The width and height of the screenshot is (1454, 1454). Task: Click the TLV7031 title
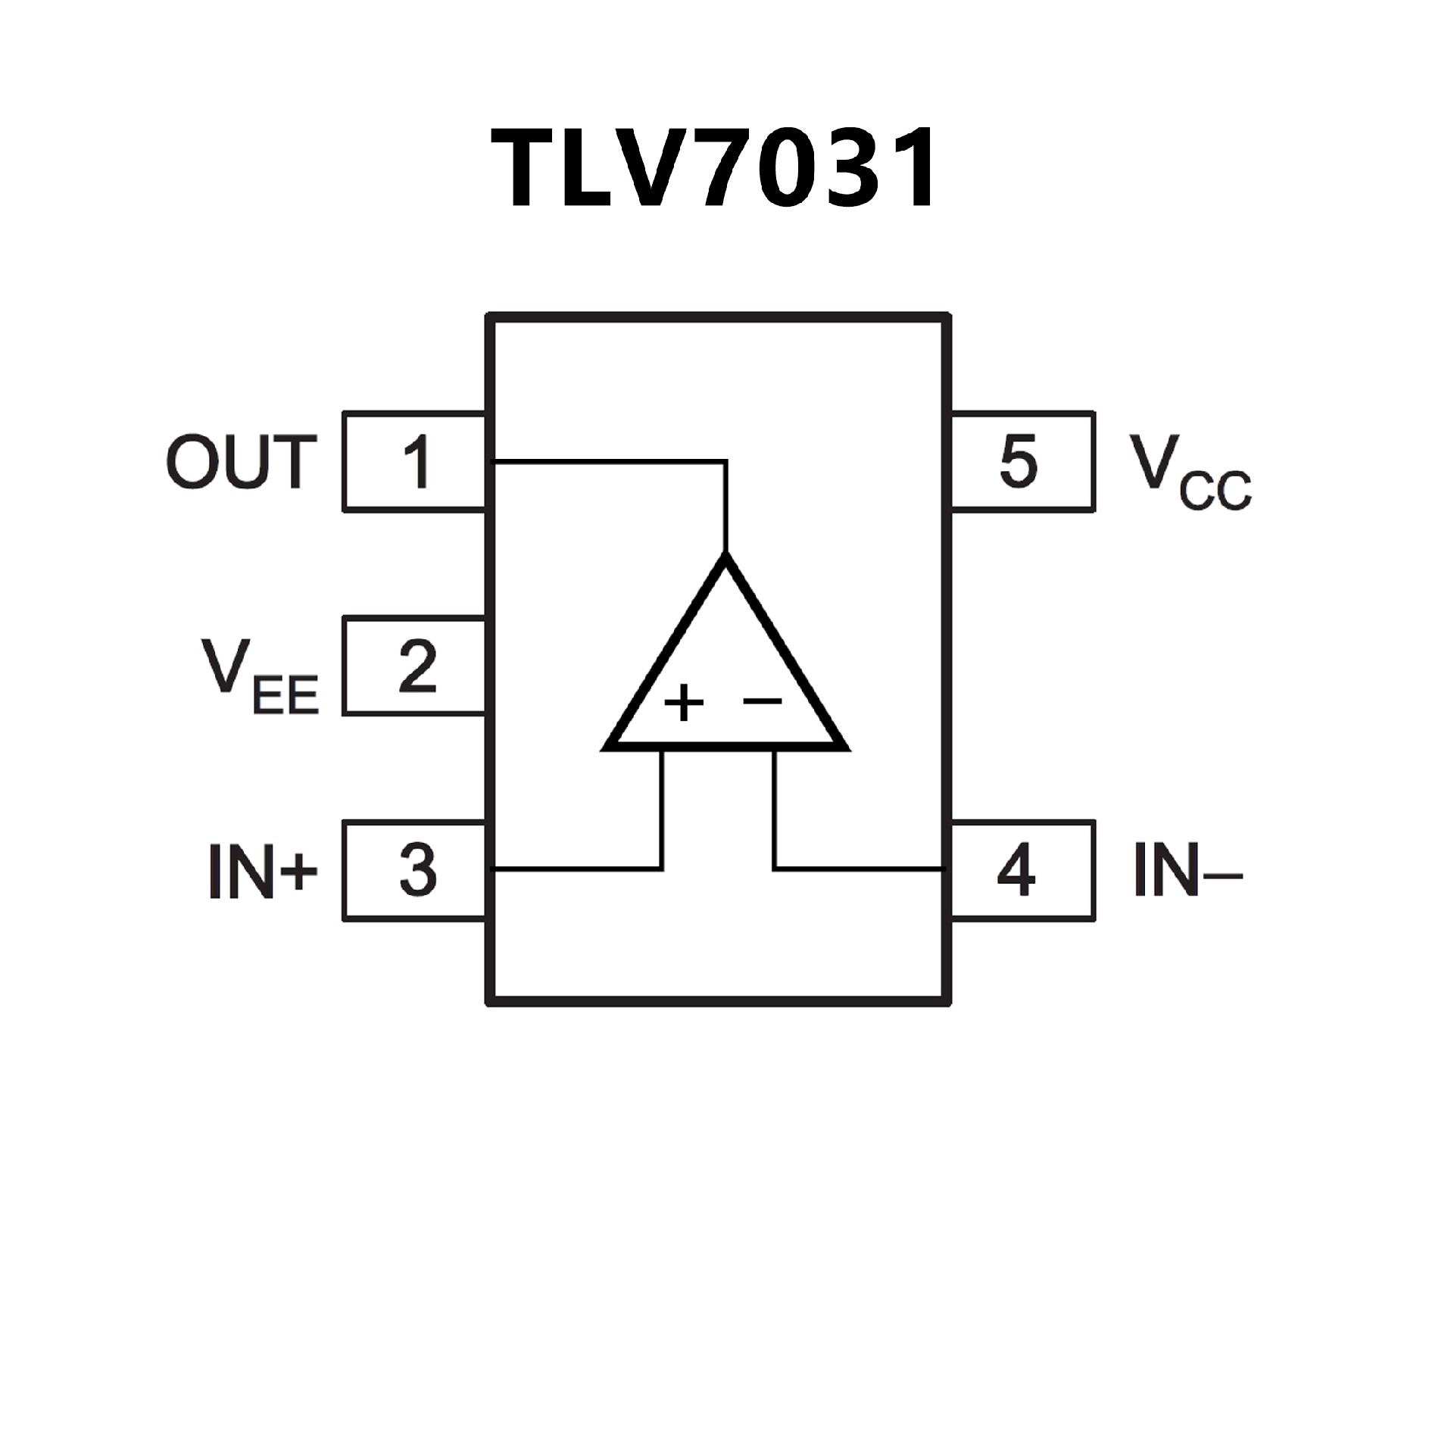coord(715,168)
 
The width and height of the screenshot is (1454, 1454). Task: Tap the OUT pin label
coord(241,462)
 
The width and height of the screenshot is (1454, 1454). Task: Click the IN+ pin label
coord(262,872)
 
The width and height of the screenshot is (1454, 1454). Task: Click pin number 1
coord(417,462)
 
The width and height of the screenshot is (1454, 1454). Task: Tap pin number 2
coord(417,666)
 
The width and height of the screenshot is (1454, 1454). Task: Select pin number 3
coord(417,871)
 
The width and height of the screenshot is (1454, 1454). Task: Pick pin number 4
coord(1016,871)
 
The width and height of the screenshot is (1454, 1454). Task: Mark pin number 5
coord(1018,462)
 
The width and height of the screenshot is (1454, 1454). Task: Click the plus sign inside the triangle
coord(684,703)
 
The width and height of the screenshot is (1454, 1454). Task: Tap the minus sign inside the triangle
coord(762,701)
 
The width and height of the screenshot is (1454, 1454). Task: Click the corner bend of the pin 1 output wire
coord(726,460)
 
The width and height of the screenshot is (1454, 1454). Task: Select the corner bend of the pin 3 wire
coord(663,869)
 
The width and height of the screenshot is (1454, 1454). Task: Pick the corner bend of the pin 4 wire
coord(775,869)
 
